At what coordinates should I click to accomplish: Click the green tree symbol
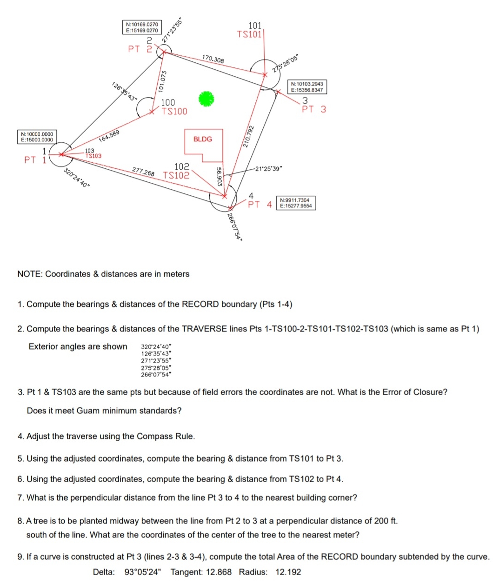(207, 99)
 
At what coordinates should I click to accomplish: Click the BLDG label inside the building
(202, 139)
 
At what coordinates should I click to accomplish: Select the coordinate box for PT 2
(142, 27)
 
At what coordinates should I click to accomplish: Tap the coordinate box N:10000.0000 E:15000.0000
(37, 137)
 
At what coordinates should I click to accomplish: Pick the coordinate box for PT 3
(307, 87)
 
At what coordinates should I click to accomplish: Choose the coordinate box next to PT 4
(296, 203)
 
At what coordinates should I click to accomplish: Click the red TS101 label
(249, 34)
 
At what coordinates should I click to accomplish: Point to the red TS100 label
(174, 111)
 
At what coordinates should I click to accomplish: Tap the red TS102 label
(176, 176)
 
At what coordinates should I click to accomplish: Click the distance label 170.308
(213, 59)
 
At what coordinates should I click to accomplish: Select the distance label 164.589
(110, 136)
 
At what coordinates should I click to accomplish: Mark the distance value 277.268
(143, 172)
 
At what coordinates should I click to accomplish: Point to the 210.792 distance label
(250, 136)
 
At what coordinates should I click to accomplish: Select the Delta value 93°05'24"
(143, 572)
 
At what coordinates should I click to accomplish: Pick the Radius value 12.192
(288, 572)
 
